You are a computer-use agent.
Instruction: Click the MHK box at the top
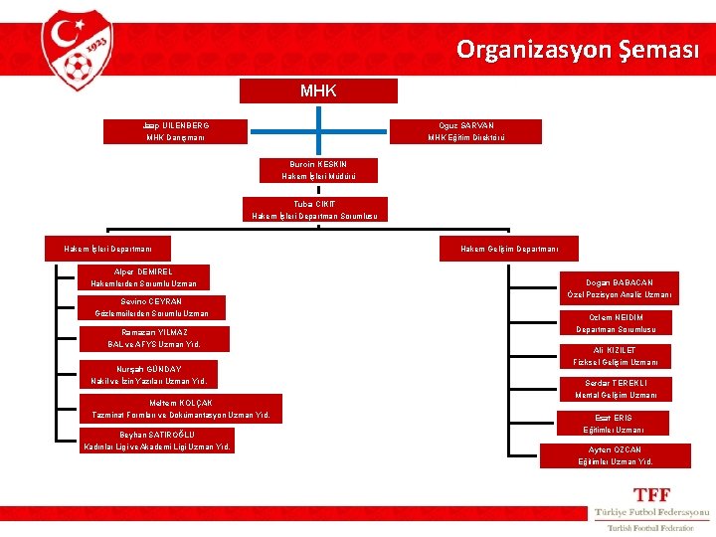point(318,91)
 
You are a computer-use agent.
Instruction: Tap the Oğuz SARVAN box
point(466,131)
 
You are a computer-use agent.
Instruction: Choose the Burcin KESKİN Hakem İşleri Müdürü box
point(318,170)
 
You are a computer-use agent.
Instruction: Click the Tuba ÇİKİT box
point(314,209)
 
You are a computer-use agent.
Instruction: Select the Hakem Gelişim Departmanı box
point(508,249)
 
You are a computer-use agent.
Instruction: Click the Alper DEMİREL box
point(144,277)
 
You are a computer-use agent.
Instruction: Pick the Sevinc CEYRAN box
point(152,307)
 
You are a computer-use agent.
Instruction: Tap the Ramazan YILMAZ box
point(154,338)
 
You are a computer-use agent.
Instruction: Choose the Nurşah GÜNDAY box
point(148,375)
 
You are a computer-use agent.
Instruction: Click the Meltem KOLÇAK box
point(181,408)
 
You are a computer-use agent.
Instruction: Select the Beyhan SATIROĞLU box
point(157,441)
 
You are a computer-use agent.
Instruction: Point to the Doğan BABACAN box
point(621,288)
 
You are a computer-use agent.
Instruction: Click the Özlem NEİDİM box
point(616,323)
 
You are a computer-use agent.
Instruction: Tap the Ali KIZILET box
point(616,356)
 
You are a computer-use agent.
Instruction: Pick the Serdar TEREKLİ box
point(616,389)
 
